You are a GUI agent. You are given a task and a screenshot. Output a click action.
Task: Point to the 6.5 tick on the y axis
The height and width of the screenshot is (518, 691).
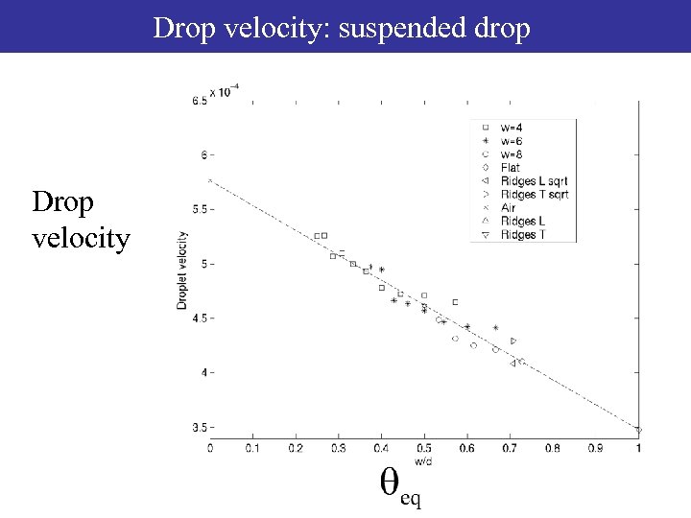click(197, 101)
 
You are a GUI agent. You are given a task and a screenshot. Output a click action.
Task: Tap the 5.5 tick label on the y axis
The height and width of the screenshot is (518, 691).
click(197, 209)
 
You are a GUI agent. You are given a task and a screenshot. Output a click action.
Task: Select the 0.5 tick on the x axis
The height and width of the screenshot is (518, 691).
click(424, 448)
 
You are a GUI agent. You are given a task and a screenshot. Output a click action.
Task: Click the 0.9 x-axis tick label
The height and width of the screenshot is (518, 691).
click(596, 448)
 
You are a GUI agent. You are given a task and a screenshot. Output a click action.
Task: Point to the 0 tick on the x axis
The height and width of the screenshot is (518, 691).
click(210, 448)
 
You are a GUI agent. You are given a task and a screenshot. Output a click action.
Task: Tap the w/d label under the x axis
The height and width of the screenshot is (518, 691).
click(424, 459)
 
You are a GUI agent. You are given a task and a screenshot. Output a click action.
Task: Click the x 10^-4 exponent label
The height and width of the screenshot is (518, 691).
click(224, 91)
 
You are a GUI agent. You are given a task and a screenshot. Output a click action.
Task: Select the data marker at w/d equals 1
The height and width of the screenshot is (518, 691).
click(638, 430)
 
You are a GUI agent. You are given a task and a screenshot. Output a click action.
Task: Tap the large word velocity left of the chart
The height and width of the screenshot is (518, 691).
click(81, 237)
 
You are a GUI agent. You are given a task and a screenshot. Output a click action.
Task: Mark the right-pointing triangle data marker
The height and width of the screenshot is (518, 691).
click(513, 341)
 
